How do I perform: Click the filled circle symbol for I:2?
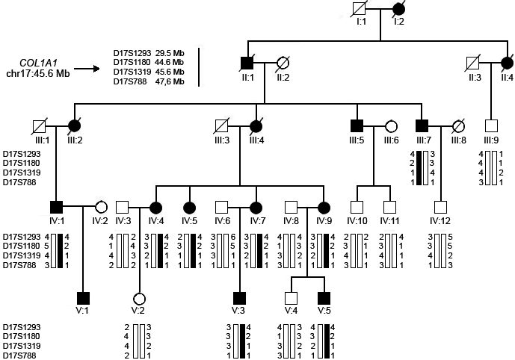pyautogui.click(x=398, y=9)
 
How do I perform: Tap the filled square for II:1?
pyautogui.click(x=247, y=63)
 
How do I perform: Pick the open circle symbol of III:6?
pyautogui.click(x=391, y=125)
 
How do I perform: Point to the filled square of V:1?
pyautogui.click(x=83, y=298)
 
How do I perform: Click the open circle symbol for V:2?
pyautogui.click(x=140, y=299)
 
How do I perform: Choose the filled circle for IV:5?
pyautogui.click(x=189, y=208)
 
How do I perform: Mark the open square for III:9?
pyautogui.click(x=491, y=125)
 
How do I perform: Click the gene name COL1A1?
pyautogui.click(x=37, y=63)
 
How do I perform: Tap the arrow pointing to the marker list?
pyautogui.click(x=87, y=69)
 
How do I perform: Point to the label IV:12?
pyautogui.click(x=440, y=221)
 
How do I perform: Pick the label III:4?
pyautogui.click(x=256, y=140)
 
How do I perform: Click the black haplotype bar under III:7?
pyautogui.click(x=419, y=168)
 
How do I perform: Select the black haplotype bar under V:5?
pyautogui.click(x=327, y=341)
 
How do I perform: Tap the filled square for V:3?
pyautogui.click(x=239, y=298)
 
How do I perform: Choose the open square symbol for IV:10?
pyautogui.click(x=357, y=208)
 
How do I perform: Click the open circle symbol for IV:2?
pyautogui.click(x=101, y=207)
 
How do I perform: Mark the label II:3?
pyautogui.click(x=475, y=78)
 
